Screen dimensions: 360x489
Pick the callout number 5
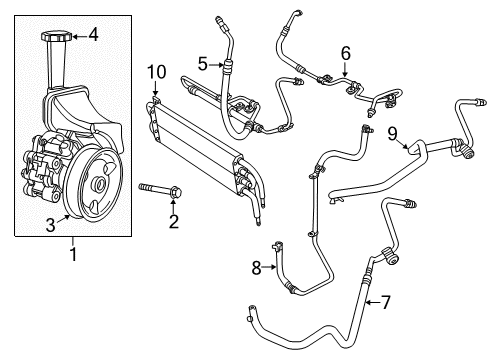point(201,64)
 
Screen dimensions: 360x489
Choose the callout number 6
point(346,52)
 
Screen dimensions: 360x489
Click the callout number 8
point(256,268)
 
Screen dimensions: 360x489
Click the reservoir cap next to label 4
point(55,38)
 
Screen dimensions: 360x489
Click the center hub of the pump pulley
point(100,185)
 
